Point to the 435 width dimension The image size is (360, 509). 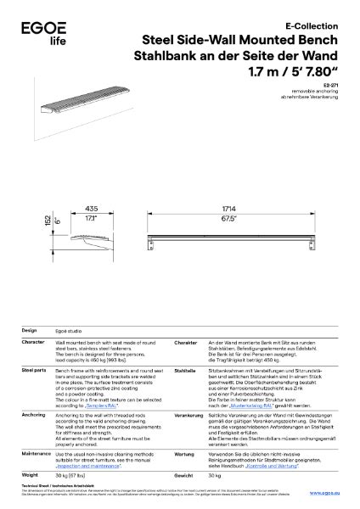pos(90,208)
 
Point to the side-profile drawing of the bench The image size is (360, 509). pos(89,242)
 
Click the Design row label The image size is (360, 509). pos(29,330)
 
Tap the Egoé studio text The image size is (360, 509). pos(70,330)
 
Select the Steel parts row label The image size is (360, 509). pos(33,371)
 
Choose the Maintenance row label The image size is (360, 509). pos(36,454)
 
